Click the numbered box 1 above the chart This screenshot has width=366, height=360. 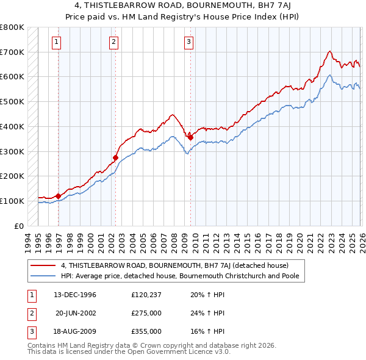pos(56,42)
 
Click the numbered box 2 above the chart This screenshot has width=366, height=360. pos(113,42)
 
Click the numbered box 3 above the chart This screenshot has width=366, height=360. pos(188,42)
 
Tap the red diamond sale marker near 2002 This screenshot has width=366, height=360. pos(115,157)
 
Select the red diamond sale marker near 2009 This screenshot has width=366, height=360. pos(190,137)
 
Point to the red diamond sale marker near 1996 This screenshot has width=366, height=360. pos(59,196)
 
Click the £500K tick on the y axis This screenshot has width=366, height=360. pos(12,101)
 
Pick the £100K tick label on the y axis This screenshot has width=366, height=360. pos(12,201)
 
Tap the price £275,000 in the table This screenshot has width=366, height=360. pos(146,313)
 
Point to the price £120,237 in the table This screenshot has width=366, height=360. pos(146,295)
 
